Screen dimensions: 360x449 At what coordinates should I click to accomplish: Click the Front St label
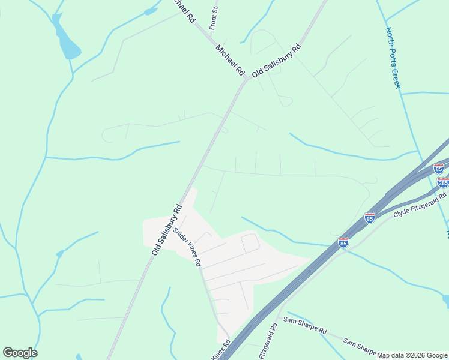point(212,19)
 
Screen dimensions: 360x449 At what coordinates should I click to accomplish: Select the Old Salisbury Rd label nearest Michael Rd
point(276,60)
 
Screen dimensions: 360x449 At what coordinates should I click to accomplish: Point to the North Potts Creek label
point(393,58)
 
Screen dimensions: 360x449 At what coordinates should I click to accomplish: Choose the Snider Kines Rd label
point(187,247)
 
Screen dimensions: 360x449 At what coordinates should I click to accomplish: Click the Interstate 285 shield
point(443,182)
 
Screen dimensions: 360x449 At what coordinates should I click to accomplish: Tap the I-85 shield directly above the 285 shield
point(439,169)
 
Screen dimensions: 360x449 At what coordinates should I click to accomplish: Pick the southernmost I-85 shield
point(343,242)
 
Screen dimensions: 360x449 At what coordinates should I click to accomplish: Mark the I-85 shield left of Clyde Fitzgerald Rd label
point(369,217)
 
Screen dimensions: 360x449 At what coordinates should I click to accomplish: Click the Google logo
point(20,353)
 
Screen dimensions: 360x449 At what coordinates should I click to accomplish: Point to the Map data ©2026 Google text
point(412,355)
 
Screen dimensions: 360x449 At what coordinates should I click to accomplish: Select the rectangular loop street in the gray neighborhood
point(250,243)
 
